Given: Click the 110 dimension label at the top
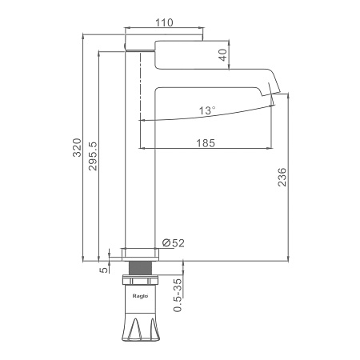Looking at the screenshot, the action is point(164,22).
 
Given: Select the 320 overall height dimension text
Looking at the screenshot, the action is point(78,147).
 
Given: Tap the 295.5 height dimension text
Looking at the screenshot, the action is point(93,156).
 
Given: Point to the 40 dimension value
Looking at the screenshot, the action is point(223,55).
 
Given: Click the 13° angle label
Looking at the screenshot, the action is point(207,110).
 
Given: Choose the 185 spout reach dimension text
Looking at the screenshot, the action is point(206,143).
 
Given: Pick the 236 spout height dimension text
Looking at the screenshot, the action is point(282,177).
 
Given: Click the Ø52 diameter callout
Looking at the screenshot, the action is point(174,243).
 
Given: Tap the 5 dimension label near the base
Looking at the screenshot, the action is point(104,270).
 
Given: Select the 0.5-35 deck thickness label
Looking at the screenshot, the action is point(178,295).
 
